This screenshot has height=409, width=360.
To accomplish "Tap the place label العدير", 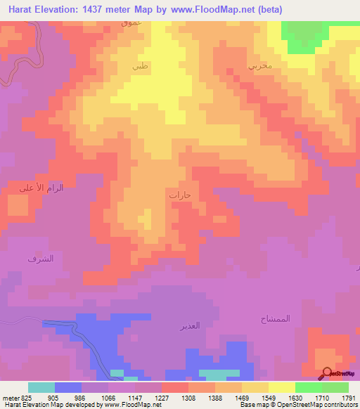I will (x=191, y=326).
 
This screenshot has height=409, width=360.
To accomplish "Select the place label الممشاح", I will (x=295, y=318).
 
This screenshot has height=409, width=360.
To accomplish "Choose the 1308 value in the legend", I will (x=188, y=396).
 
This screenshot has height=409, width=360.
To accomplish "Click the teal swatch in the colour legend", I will (x=41, y=387).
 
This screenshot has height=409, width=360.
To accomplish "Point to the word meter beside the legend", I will (x=9, y=396).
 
